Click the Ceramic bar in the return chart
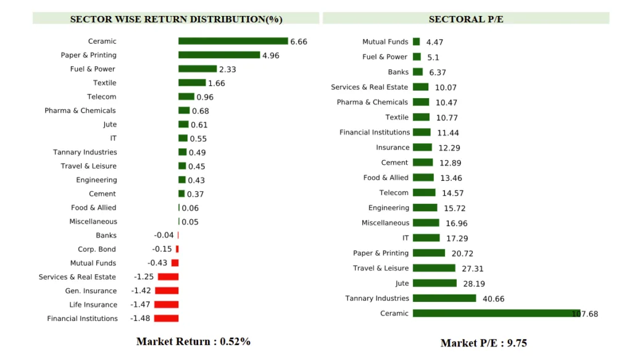(233, 41)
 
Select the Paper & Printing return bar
(219, 55)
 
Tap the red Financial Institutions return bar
(166, 319)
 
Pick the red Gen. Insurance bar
(167, 291)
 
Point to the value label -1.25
(144, 277)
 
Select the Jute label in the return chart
(110, 125)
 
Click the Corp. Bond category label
(97, 249)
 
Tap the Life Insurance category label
(93, 305)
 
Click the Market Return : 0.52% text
(193, 341)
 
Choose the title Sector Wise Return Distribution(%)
(176, 19)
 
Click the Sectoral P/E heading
(466, 19)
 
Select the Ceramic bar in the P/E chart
(496, 314)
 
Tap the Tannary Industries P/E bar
(444, 298)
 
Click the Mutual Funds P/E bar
(417, 42)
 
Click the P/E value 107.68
(584, 314)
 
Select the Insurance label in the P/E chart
(393, 148)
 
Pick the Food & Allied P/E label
(386, 178)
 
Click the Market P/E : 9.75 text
(483, 343)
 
